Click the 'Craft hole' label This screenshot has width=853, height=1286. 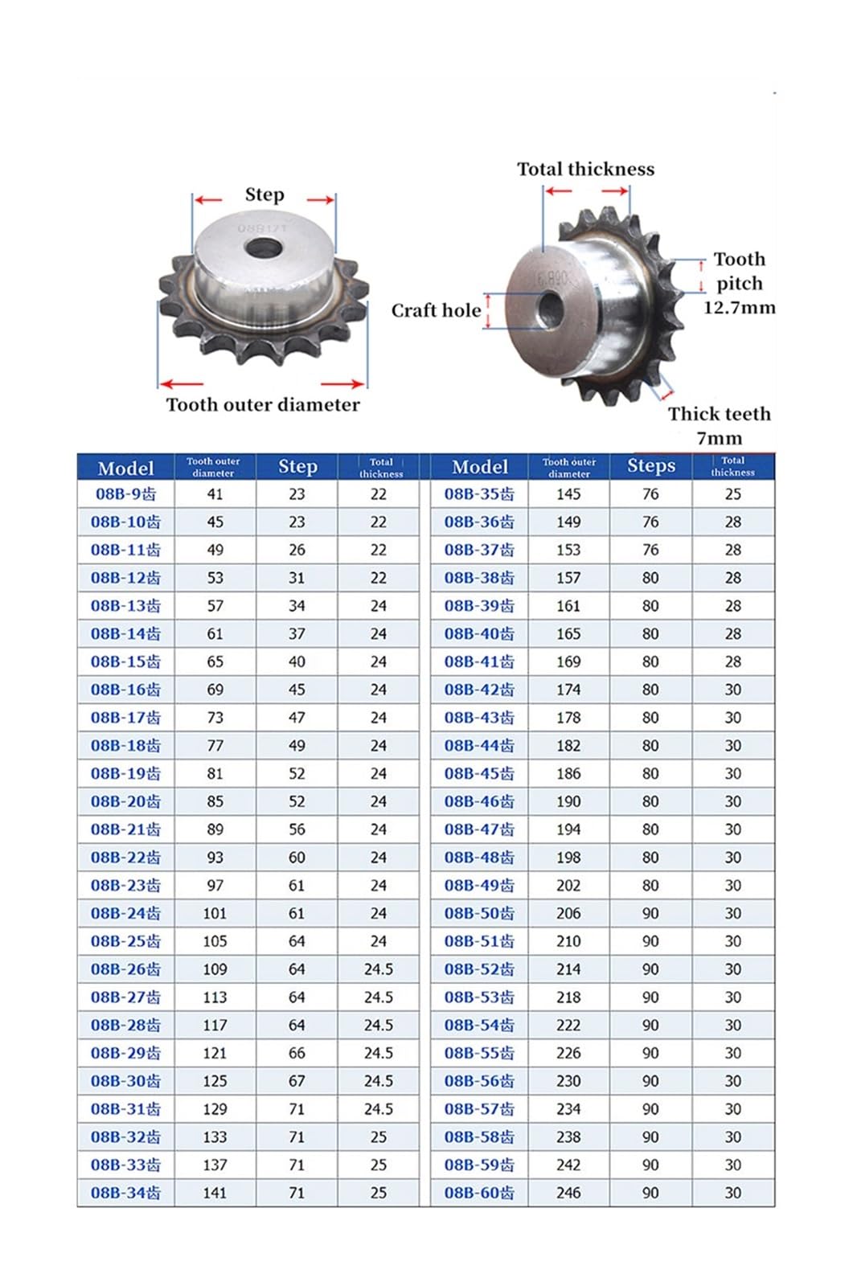436,310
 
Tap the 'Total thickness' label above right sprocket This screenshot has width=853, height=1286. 585,169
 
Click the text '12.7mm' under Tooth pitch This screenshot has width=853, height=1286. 739,307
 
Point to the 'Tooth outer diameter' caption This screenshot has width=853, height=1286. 263,404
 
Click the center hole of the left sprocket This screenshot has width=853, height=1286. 262,248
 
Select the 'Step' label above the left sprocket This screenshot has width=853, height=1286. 264,195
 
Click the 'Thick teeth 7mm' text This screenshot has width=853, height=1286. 719,425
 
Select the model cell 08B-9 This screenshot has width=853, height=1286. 125,494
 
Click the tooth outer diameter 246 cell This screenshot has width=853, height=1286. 568,1193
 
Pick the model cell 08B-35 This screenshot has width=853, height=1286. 479,494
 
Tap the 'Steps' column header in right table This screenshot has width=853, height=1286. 650,466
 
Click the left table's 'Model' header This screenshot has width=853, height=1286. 125,468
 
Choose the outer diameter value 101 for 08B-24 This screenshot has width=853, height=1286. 215,913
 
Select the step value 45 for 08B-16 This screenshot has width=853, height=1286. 297,690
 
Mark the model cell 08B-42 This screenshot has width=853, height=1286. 479,690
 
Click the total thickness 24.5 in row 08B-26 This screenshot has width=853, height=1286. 379,969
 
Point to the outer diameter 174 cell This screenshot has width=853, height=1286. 568,690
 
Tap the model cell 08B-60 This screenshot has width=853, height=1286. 479,1193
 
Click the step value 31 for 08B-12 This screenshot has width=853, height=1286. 297,578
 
